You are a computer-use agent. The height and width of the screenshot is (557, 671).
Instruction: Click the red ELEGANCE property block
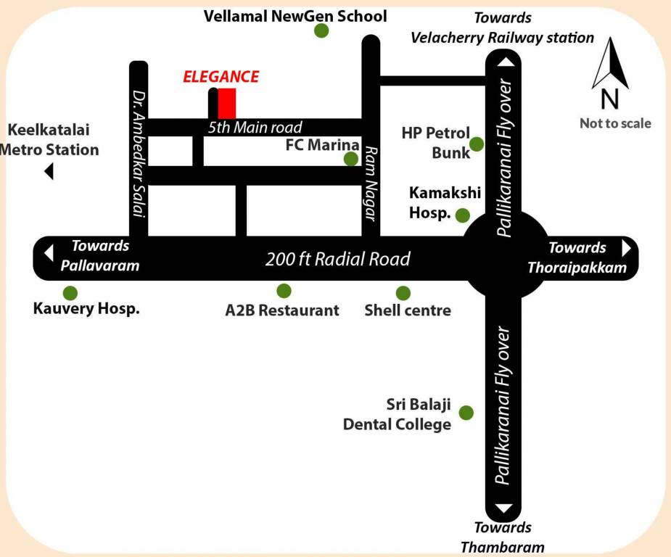click(x=227, y=103)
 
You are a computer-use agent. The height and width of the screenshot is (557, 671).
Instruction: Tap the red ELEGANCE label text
click(x=221, y=77)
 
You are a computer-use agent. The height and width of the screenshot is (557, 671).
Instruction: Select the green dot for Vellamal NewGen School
click(x=321, y=31)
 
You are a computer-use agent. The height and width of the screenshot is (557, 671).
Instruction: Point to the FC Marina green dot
click(x=351, y=159)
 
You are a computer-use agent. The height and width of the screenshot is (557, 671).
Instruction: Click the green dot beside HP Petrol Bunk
click(x=477, y=144)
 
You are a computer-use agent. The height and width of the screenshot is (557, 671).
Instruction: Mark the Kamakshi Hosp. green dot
click(x=462, y=215)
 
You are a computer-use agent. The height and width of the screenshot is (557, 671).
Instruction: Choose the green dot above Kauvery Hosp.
click(x=70, y=293)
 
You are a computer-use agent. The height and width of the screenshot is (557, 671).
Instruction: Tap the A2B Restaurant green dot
click(x=284, y=291)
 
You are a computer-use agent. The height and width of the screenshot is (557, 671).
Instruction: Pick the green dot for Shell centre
click(x=403, y=293)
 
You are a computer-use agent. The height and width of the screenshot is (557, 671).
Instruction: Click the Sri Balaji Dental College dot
click(x=466, y=413)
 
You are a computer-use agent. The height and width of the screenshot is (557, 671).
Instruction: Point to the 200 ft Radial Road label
click(x=337, y=259)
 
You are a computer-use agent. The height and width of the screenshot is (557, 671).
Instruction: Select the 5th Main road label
click(x=255, y=128)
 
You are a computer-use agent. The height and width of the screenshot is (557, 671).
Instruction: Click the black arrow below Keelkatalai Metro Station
click(x=49, y=172)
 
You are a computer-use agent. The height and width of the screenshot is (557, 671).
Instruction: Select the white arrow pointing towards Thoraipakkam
click(x=627, y=248)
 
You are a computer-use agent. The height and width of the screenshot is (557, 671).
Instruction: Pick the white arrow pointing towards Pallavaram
click(x=49, y=253)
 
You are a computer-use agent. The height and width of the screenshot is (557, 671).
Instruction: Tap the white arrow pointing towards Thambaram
click(x=506, y=508)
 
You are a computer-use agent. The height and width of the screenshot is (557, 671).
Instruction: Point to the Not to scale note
click(x=615, y=123)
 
